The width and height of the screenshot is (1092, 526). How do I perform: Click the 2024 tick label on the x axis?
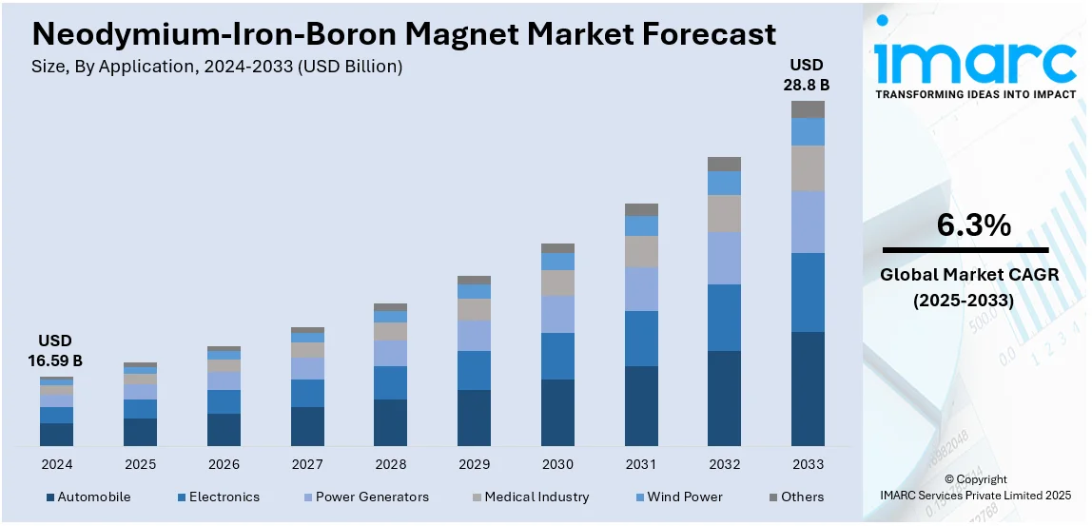[x=56, y=464]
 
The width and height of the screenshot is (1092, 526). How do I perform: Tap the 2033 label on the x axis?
[x=808, y=464]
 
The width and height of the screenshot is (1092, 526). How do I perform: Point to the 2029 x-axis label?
[x=474, y=464]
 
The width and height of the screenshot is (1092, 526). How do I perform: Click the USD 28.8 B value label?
[x=807, y=75]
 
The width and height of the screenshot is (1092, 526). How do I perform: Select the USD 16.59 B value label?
[x=55, y=350]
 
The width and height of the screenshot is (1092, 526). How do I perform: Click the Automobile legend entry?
[x=93, y=497]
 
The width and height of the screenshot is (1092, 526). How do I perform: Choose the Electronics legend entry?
[x=224, y=497]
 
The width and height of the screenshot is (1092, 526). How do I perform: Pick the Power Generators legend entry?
[x=372, y=497]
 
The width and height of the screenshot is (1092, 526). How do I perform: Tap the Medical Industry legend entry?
[x=536, y=497]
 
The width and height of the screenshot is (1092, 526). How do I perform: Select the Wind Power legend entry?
[x=685, y=497]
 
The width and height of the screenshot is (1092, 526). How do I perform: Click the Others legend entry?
[x=802, y=497]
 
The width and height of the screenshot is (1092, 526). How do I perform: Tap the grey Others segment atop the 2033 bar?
[x=808, y=109]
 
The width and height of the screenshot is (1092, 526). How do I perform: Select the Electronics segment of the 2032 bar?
[x=724, y=318]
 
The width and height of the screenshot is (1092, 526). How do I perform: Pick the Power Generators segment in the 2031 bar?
[x=641, y=289]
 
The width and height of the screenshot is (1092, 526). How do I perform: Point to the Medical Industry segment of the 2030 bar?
[x=557, y=282]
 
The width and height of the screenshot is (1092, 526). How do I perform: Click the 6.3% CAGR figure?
[x=973, y=225]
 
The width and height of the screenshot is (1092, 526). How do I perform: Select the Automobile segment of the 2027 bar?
[x=307, y=426]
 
